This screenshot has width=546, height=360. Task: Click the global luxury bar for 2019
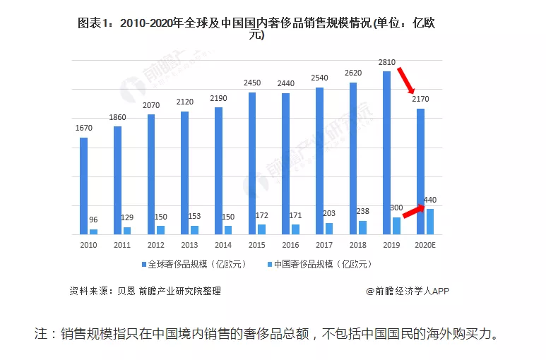tap(386, 152)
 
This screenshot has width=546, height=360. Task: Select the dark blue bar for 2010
tap(83, 186)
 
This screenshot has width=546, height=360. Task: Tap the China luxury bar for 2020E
tap(430, 222)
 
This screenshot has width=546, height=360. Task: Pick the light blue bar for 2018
tap(362, 227)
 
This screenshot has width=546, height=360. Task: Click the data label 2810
tap(386, 63)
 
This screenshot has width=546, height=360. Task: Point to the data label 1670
tap(83, 128)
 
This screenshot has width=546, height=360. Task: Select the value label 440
tap(430, 200)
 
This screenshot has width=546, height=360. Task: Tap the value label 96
tap(93, 220)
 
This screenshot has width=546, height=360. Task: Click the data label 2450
tap(252, 83)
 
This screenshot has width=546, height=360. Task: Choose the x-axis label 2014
tap(223, 245)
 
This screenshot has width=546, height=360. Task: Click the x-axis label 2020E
tap(425, 245)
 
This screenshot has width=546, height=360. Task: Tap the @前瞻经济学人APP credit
tap(408, 291)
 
